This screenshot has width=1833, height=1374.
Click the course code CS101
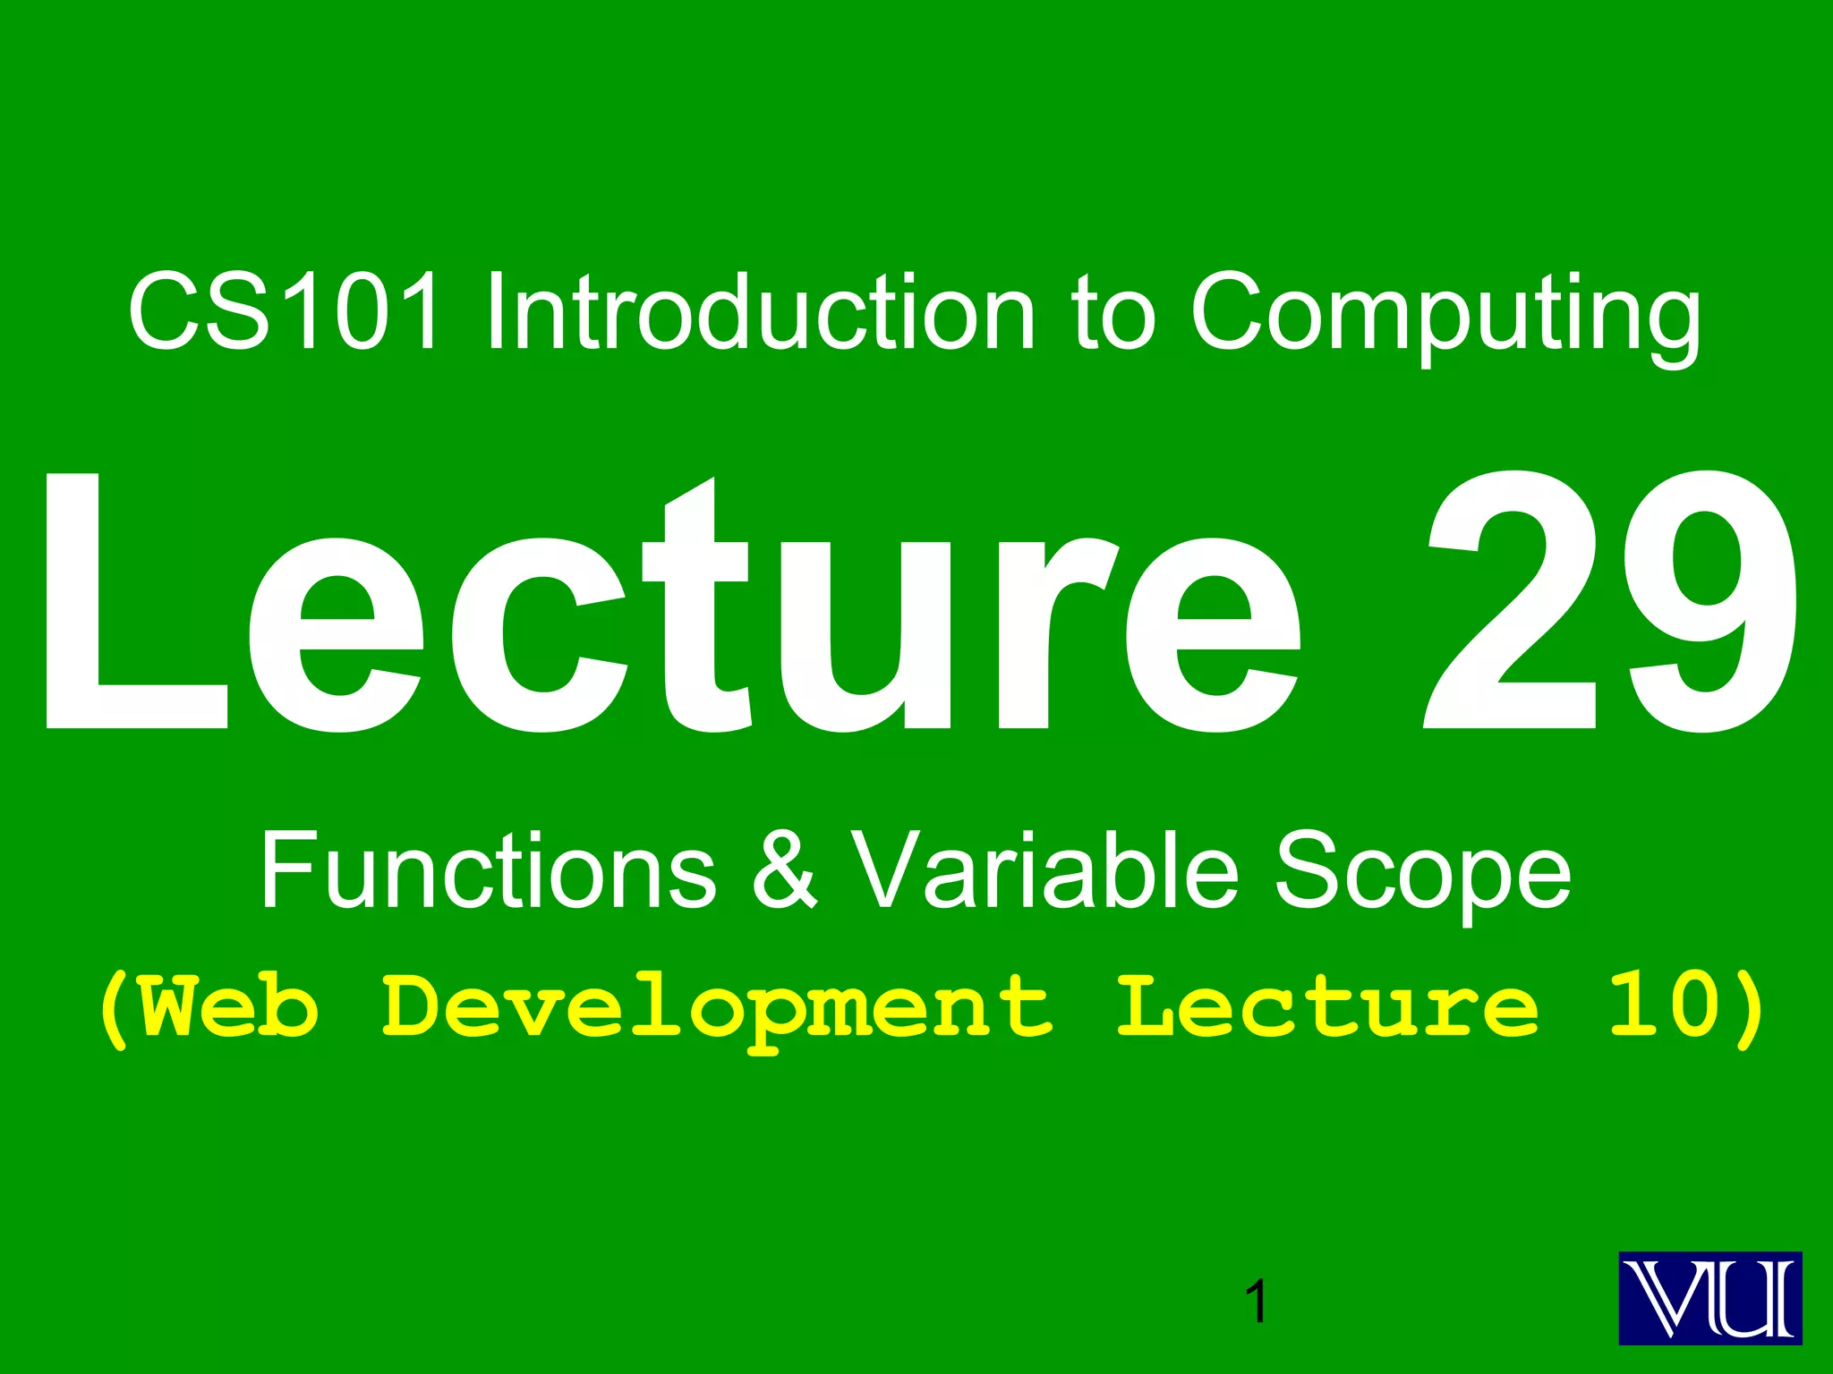click(x=285, y=312)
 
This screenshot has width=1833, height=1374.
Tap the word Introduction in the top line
click(x=759, y=312)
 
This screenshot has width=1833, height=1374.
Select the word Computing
click(x=1445, y=315)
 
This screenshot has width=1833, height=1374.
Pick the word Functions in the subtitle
click(x=489, y=869)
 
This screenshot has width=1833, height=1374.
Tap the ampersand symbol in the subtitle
click(x=784, y=869)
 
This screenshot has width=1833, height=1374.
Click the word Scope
click(x=1423, y=872)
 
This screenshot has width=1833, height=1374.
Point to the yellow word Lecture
click(x=1328, y=1007)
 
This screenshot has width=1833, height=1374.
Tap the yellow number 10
click(x=1665, y=1007)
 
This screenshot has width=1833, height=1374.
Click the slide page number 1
click(x=1257, y=1302)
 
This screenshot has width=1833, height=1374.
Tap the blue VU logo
click(x=1709, y=1298)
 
